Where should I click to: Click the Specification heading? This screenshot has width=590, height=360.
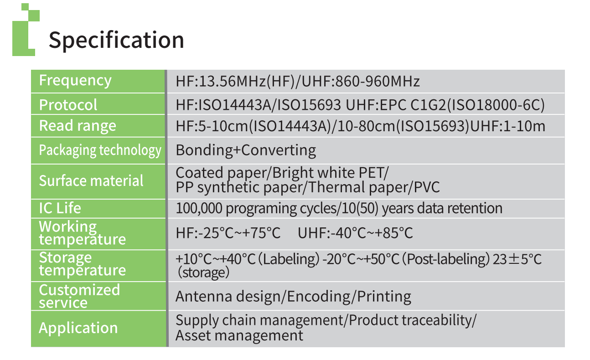116,40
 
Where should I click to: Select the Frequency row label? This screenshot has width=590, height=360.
75,80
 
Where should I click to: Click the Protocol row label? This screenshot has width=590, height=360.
68,105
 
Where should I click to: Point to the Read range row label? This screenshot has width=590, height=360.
78,126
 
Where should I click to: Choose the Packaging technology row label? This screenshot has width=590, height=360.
100,150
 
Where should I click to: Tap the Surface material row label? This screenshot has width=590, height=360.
91,180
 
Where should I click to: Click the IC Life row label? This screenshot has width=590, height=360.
60,208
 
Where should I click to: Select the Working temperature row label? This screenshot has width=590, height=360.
82,233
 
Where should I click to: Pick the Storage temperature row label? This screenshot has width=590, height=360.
82,264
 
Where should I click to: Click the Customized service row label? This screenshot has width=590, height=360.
79,296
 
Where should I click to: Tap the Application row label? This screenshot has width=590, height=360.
78,328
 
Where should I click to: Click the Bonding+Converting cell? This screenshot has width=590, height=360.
246,150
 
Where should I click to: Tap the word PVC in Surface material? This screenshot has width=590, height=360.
428,187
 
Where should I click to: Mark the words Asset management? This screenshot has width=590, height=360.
239,336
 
